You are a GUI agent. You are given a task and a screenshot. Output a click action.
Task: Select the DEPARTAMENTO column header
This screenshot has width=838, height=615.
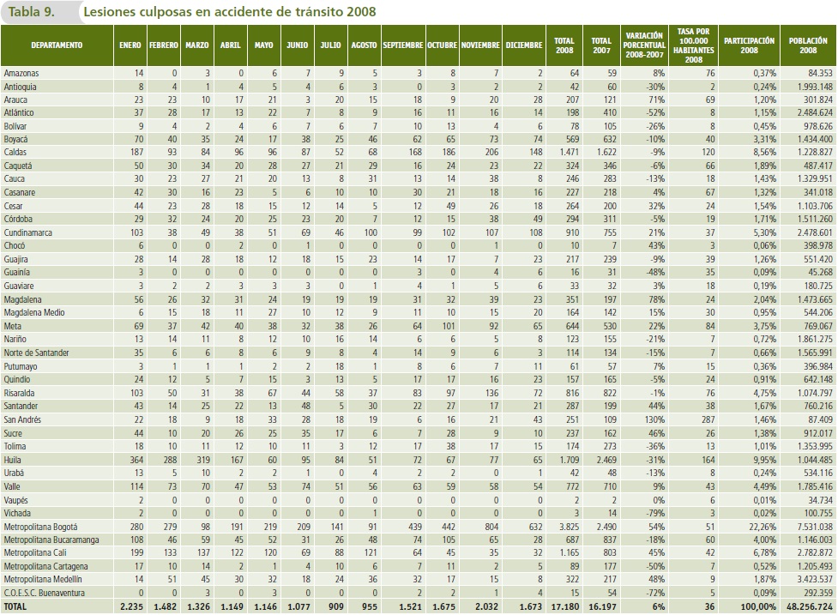click(57, 45)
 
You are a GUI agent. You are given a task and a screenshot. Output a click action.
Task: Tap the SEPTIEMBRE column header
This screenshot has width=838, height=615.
click(401, 45)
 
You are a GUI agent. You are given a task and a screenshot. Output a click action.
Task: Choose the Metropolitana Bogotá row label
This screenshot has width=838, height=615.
click(41, 526)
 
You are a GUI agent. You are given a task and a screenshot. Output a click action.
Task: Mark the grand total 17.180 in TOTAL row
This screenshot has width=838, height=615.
click(563, 606)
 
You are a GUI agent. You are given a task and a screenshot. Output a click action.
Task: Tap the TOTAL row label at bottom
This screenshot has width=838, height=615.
click(16, 606)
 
